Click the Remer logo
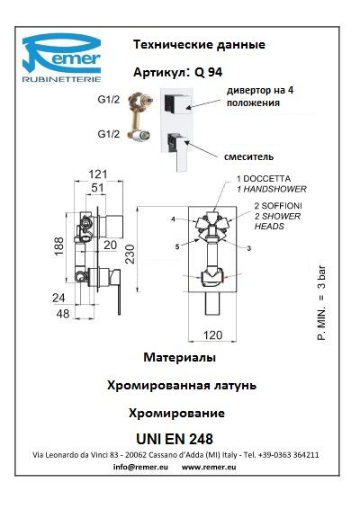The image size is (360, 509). click(x=61, y=58)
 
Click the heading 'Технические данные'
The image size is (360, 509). click(x=199, y=44)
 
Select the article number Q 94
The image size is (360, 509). click(x=208, y=72)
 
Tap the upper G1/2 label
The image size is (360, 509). click(x=109, y=99)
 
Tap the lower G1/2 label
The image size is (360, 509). click(x=109, y=134)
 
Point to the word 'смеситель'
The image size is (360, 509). click(x=248, y=156)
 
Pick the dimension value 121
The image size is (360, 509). click(x=98, y=174)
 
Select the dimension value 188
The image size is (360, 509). click(x=59, y=246)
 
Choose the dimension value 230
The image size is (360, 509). click(x=130, y=254)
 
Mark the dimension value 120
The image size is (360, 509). click(x=212, y=335)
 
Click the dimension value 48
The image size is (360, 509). click(x=63, y=314)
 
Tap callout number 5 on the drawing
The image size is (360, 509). click(x=177, y=247)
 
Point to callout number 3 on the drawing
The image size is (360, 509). click(x=249, y=249)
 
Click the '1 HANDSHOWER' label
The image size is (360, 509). click(x=272, y=189)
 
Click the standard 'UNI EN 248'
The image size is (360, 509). click(x=175, y=439)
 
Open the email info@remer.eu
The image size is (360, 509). click(x=140, y=467)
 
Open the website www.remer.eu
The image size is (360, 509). click(x=209, y=467)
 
